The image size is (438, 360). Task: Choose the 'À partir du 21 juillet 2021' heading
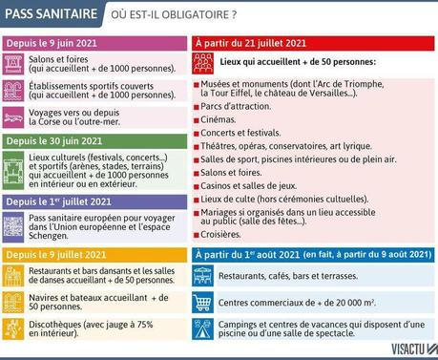click(250, 44)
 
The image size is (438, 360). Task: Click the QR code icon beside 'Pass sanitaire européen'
click(13, 227)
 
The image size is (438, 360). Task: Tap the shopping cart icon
click(202, 303)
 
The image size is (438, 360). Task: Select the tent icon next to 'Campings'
click(202, 329)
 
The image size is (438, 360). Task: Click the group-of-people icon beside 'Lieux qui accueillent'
click(202, 62)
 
